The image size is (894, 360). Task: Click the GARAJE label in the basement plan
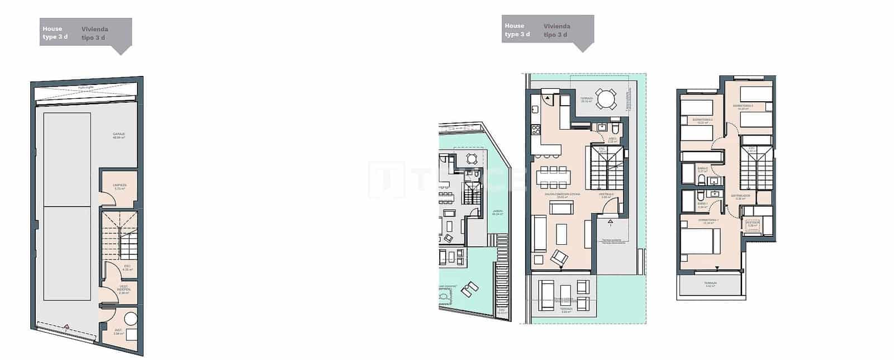pos(118,134)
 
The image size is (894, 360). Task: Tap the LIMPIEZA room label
pos(119,185)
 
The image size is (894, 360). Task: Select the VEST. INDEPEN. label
pos(124,288)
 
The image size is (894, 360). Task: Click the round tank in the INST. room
pos(131,319)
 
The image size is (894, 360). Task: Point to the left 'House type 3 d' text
pos(55,33)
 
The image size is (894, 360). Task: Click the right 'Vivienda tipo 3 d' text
pos(557,30)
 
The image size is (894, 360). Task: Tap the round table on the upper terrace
pos(605,99)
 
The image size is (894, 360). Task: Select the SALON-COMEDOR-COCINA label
pos(563,195)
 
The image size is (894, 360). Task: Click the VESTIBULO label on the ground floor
pos(607,195)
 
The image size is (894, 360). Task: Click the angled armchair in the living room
pos(559,258)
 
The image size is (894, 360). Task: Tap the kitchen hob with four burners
pos(536,130)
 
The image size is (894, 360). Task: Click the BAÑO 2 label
pos(703,168)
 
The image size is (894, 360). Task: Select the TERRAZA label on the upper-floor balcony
pos(711,283)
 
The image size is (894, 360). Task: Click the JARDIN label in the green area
pos(497,212)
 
